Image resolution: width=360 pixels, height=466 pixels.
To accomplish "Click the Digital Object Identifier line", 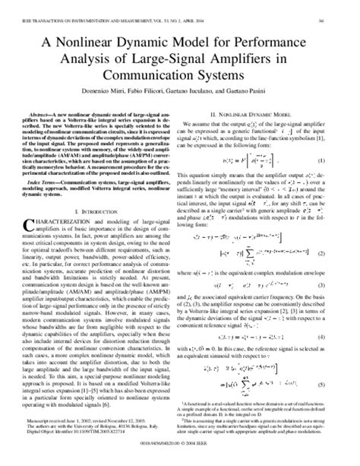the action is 84,440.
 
